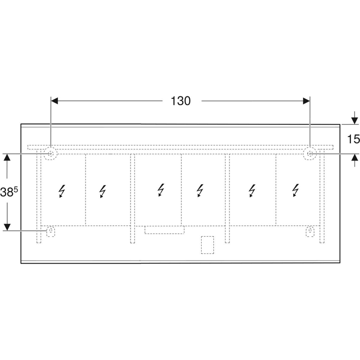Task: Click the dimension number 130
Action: [x=181, y=101]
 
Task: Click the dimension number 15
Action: [x=354, y=139]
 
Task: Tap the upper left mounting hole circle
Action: [x=50, y=154]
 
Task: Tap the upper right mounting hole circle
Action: [x=310, y=154]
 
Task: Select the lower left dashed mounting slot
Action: [x=51, y=231]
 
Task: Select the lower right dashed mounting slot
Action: [x=310, y=231]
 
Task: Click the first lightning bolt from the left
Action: [x=62, y=192]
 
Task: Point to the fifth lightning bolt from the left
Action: [x=252, y=192]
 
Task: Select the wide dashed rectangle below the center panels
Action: [x=164, y=230]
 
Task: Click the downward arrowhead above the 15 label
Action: [x=354, y=121]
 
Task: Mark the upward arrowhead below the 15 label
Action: [x=354, y=157]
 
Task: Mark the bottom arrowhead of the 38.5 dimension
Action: [x=7, y=226]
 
